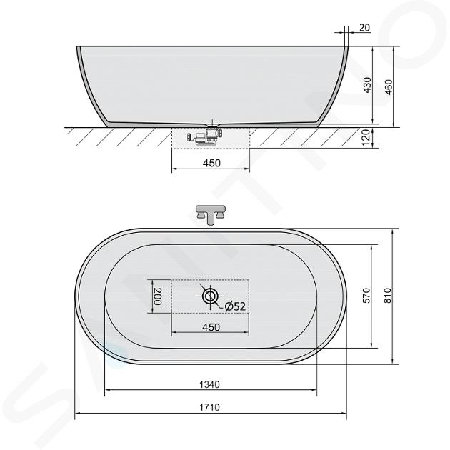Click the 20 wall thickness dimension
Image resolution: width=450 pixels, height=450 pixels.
[x=364, y=28]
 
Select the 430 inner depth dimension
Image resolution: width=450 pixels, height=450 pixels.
[x=367, y=85]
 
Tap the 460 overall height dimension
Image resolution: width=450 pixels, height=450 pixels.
[x=388, y=87]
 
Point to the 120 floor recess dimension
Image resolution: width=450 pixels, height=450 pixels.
[x=365, y=137]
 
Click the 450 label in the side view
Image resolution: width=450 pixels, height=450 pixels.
[x=211, y=163]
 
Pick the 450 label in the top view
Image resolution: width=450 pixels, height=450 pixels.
[x=211, y=327]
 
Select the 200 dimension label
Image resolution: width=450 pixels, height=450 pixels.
[x=157, y=296]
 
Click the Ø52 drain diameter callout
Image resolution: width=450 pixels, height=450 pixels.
[x=235, y=306]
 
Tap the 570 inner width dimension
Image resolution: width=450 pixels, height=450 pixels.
[x=367, y=296]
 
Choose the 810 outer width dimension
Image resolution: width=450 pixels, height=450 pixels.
[x=387, y=296]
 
